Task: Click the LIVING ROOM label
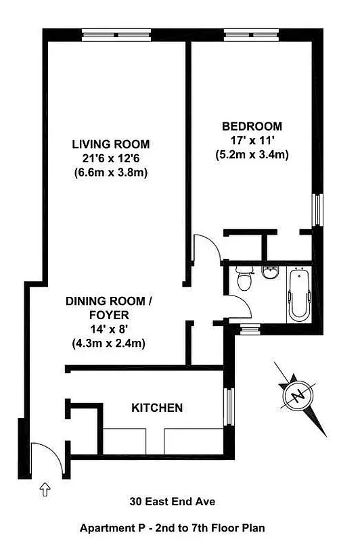(111, 144)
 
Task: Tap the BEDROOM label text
(252, 126)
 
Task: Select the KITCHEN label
(156, 408)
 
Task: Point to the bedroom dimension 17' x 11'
(252, 141)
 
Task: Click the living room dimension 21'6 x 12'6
(111, 158)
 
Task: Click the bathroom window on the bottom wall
(250, 329)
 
